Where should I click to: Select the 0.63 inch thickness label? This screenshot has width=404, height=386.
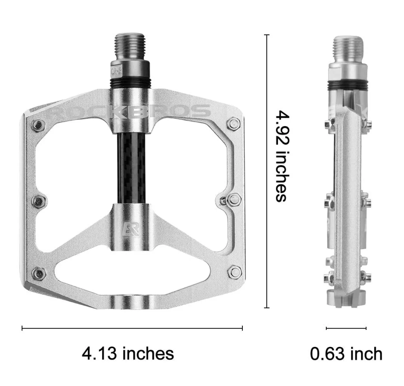pos(346,354)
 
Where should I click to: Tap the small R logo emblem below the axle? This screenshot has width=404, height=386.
pos(131,228)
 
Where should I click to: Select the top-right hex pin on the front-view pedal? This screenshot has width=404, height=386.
pos(234,124)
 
